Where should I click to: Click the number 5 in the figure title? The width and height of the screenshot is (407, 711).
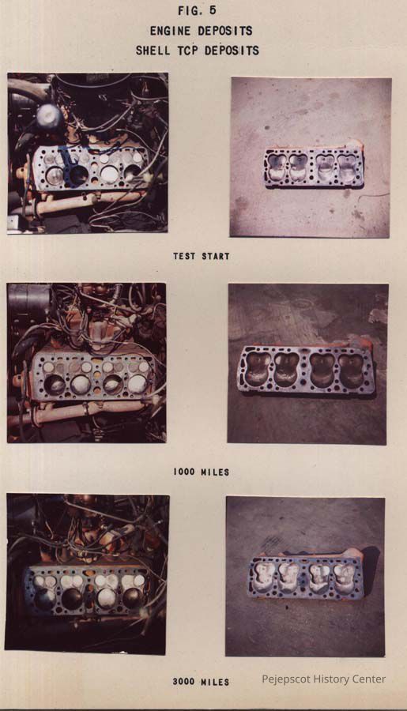tap(213, 11)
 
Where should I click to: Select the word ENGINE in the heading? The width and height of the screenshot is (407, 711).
tap(170, 31)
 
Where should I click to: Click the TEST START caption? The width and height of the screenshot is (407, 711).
tap(201, 256)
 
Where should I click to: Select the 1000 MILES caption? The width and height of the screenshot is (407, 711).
tap(201, 472)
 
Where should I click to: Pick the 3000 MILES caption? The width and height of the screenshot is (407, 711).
tap(201, 682)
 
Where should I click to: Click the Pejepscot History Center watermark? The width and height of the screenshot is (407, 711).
tap(323, 679)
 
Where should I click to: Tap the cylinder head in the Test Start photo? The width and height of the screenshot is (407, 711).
tap(314, 167)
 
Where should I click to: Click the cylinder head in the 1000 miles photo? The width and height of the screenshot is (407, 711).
tap(306, 370)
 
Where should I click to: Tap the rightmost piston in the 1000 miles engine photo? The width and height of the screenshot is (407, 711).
tap(137, 385)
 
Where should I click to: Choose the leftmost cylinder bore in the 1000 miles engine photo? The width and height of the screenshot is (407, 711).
tap(55, 385)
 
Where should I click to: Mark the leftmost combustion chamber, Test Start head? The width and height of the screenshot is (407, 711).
tap(277, 166)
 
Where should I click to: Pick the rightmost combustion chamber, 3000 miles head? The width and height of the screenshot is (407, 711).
tap(345, 577)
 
